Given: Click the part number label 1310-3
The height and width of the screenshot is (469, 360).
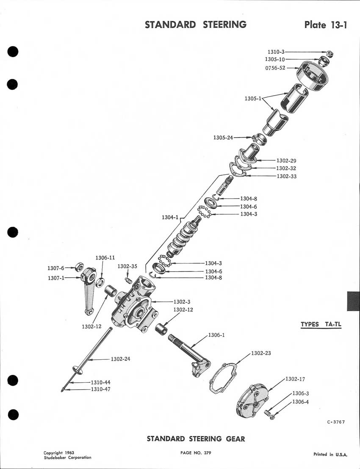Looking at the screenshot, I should [x=276, y=52].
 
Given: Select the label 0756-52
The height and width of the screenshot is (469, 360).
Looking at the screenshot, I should [x=275, y=68].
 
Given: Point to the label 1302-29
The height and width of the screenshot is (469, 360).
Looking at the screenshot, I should [x=286, y=161].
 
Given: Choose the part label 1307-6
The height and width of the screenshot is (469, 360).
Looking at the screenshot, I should [x=55, y=268].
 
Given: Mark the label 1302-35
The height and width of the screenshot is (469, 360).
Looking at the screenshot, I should [x=127, y=267].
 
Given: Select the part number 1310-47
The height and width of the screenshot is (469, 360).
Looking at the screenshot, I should [x=100, y=389].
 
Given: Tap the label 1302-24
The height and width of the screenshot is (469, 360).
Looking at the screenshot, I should [x=121, y=359].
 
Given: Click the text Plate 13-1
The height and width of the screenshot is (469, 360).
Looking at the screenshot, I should [x=326, y=25].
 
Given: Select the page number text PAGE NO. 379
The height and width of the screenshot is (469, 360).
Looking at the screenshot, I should [x=196, y=453].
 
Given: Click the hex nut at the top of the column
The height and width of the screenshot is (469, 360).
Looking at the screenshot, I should [x=331, y=54].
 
